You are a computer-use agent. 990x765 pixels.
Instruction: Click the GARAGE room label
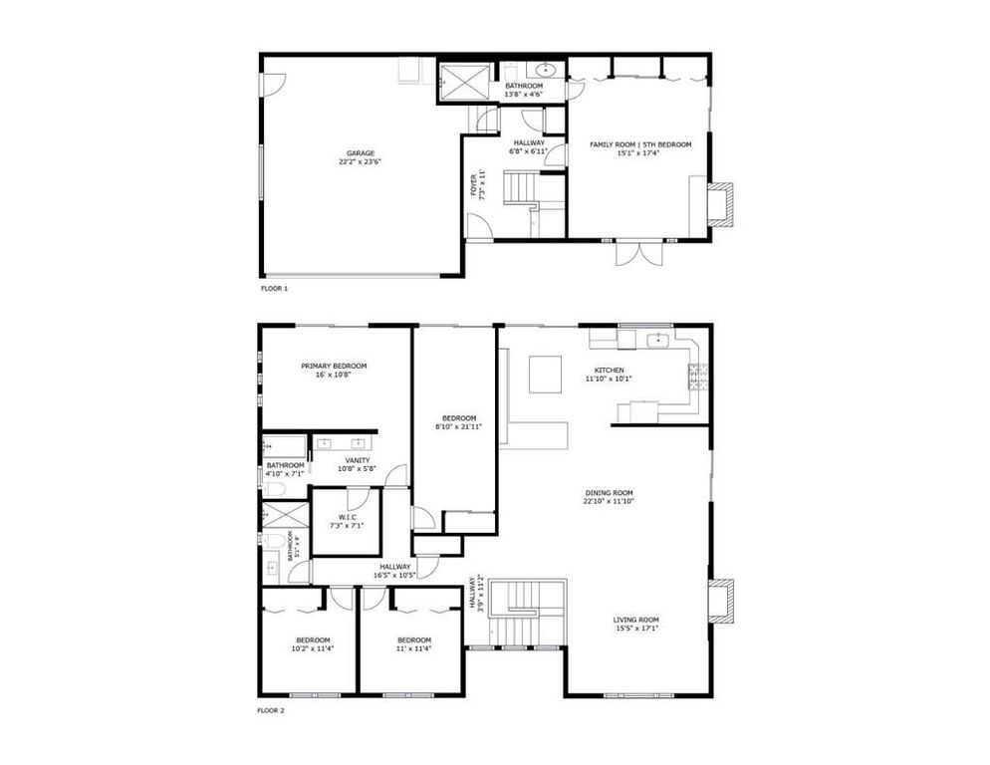tap(360, 153)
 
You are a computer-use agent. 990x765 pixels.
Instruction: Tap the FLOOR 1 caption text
tap(273, 288)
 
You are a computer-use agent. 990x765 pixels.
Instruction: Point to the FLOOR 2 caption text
tap(271, 710)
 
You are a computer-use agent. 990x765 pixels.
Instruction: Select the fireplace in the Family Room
tap(720, 199)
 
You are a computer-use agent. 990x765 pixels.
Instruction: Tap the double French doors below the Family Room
tap(637, 253)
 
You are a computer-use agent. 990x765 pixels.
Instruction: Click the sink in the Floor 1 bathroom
tap(546, 70)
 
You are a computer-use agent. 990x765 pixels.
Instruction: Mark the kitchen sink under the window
tap(658, 341)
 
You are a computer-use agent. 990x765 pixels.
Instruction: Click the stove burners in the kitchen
tap(697, 376)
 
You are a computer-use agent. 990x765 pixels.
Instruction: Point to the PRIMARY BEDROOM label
tap(335, 366)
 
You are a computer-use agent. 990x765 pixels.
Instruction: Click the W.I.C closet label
tap(347, 517)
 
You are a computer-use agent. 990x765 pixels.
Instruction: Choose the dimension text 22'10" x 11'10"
tap(610, 501)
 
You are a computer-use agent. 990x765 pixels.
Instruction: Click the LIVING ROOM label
tap(635, 620)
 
